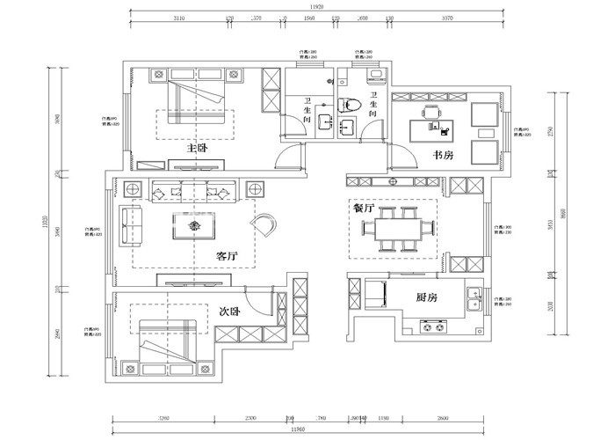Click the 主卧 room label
[197, 149]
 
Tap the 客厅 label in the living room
[227, 256]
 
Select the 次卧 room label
[230, 311]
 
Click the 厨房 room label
[428, 298]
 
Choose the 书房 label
[442, 155]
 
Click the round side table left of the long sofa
[134, 189]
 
